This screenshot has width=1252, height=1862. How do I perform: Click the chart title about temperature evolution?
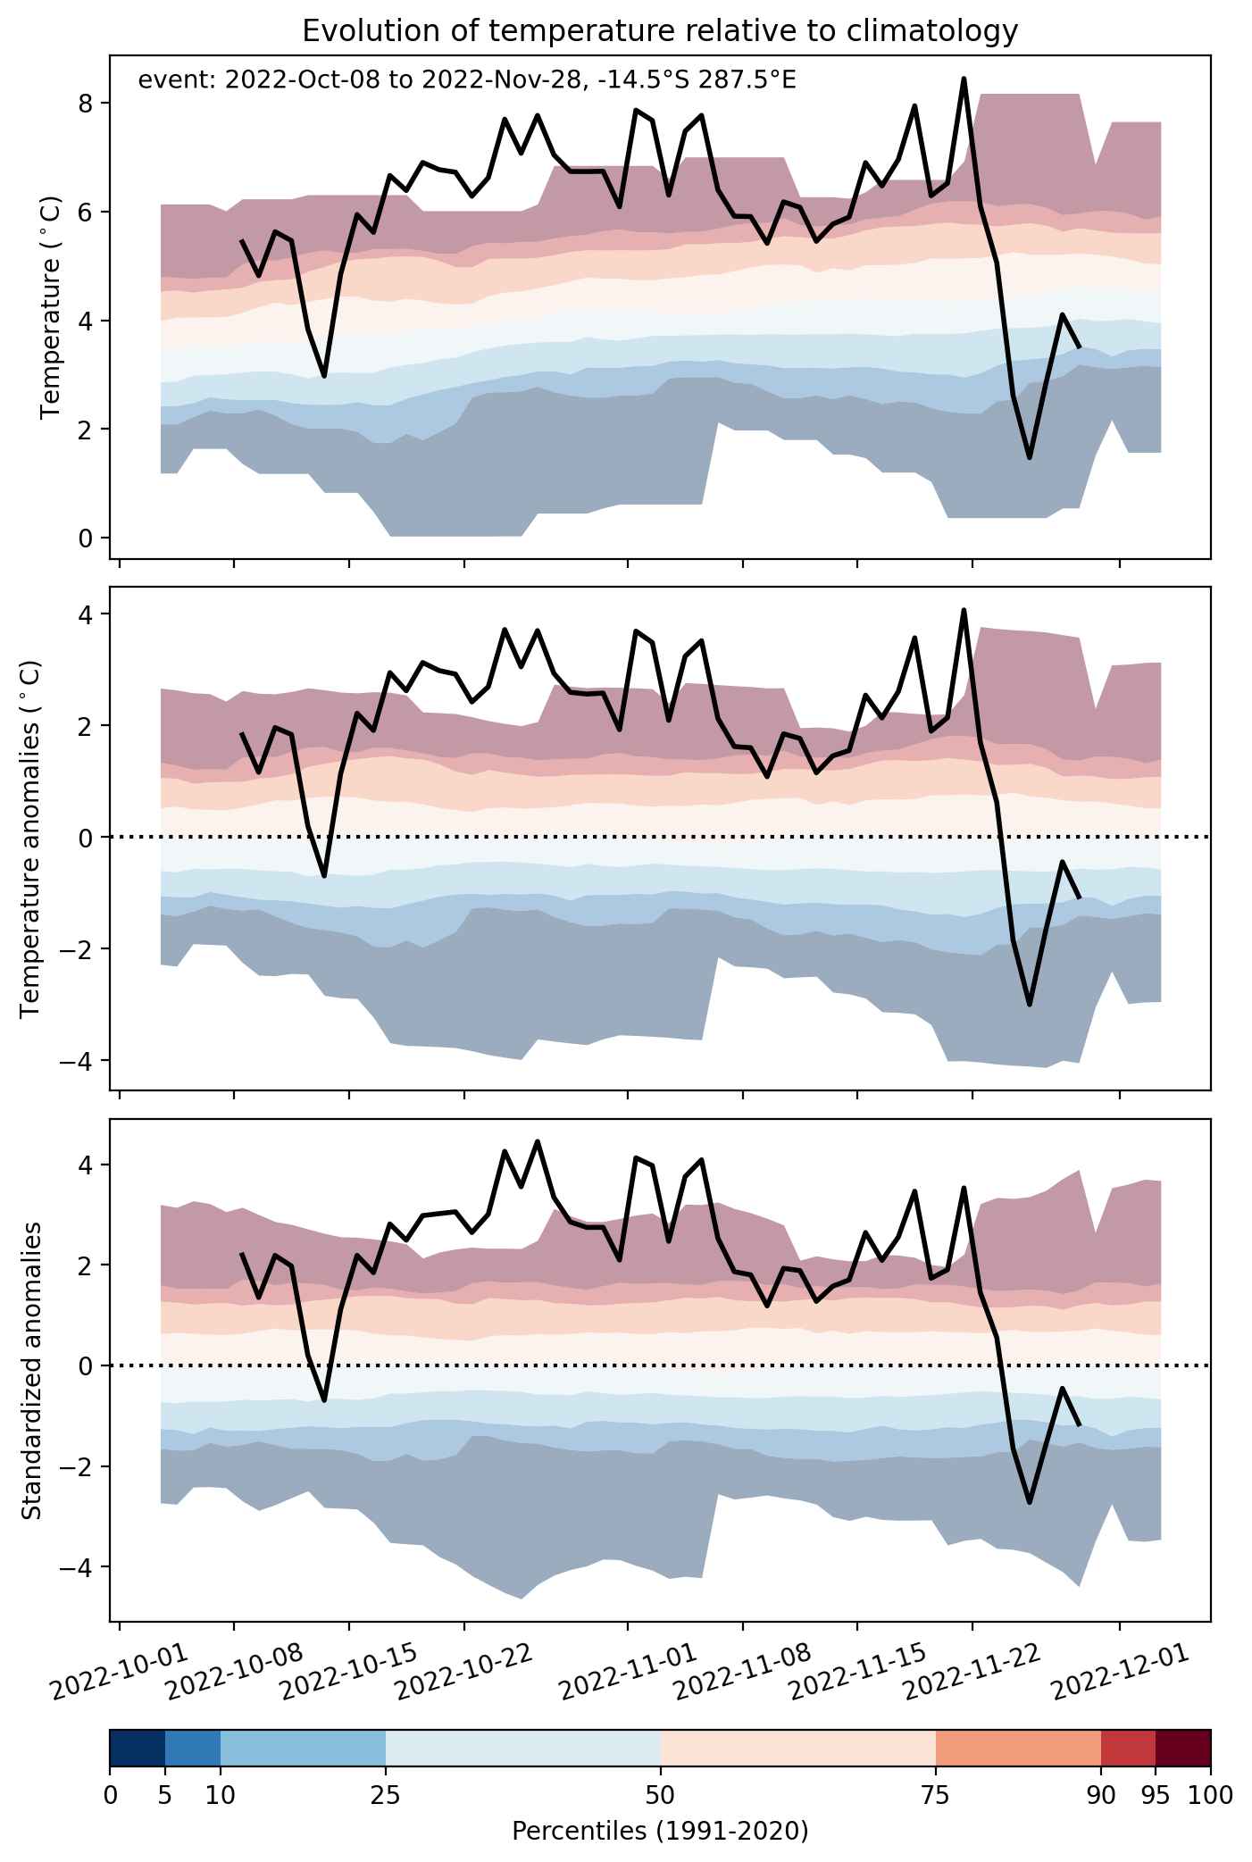[x=660, y=31]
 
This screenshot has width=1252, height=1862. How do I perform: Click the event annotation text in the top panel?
[x=467, y=80]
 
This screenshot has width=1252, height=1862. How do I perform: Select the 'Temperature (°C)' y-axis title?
[x=50, y=306]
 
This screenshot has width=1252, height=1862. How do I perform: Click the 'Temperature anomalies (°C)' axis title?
[x=30, y=838]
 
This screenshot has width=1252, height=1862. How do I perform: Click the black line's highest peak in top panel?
[x=964, y=79]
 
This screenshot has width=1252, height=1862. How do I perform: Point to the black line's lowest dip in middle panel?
[x=1030, y=1005]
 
